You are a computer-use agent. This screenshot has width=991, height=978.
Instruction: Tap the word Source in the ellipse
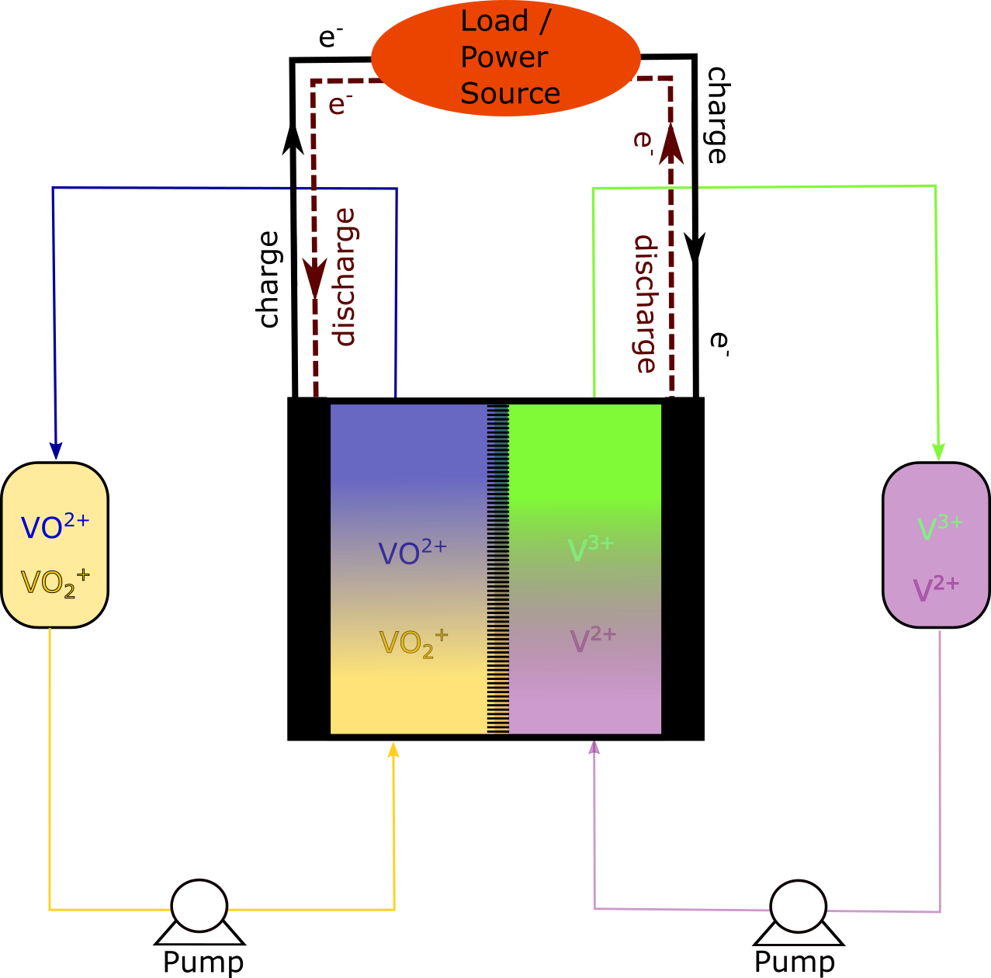click(510, 93)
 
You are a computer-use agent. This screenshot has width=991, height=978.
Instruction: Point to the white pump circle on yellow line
click(199, 906)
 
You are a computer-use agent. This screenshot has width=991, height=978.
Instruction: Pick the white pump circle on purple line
click(798, 906)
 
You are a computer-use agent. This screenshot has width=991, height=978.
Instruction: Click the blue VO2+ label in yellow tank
click(54, 527)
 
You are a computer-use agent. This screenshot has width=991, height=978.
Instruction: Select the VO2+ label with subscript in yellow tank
click(54, 583)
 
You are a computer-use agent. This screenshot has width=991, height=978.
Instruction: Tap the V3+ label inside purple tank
click(940, 527)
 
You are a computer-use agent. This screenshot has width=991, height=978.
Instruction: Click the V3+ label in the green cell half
click(591, 549)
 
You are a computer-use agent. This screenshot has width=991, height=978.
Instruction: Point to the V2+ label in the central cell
click(593, 640)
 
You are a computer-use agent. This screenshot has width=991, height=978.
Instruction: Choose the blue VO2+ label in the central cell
click(412, 552)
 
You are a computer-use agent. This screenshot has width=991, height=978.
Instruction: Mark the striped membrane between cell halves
click(497, 568)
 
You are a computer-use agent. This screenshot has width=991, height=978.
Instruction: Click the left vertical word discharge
click(344, 277)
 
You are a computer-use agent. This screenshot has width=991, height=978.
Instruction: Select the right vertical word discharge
click(645, 304)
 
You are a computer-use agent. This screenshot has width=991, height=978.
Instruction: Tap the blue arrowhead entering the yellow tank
click(56, 450)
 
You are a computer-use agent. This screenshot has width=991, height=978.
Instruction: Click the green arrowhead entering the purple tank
click(938, 451)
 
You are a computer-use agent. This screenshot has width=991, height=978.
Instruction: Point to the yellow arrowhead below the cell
click(393, 750)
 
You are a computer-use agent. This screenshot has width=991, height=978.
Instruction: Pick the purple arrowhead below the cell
click(594, 748)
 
